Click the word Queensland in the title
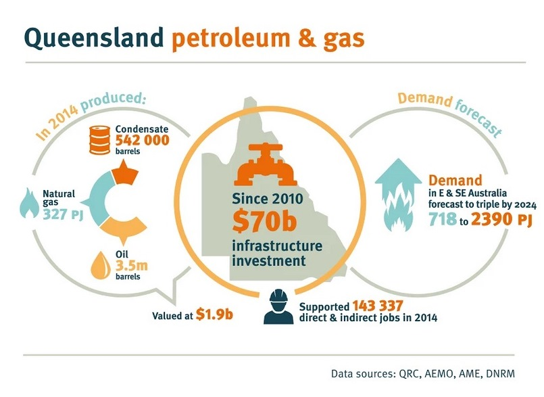pyautogui.click(x=94, y=37)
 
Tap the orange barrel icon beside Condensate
pyautogui.click(x=99, y=139)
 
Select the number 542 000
pyautogui.click(x=142, y=140)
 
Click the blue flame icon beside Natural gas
pyautogui.click(x=29, y=203)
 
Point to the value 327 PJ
pyautogui.click(x=63, y=214)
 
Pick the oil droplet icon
pyautogui.click(x=101, y=265)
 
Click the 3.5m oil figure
pyautogui.click(x=132, y=266)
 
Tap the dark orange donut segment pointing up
pyautogui.click(x=124, y=172)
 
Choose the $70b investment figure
pyautogui.click(x=264, y=221)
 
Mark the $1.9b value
pyautogui.click(x=214, y=314)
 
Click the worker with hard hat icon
pyautogui.click(x=278, y=307)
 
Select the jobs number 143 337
pyautogui.click(x=378, y=306)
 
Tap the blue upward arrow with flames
pyautogui.click(x=399, y=195)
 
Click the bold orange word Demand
pyautogui.click(x=455, y=181)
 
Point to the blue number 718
pyautogui.click(x=443, y=219)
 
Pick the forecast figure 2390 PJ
pyautogui.click(x=501, y=219)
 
